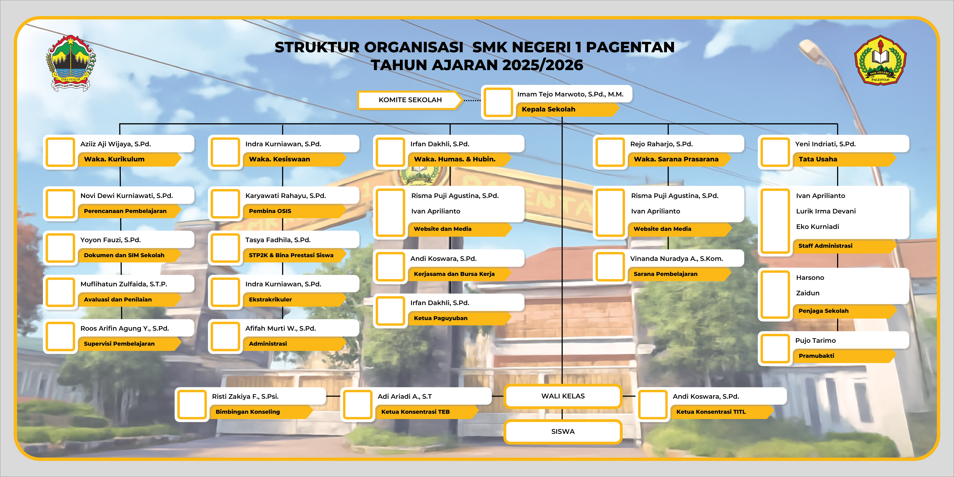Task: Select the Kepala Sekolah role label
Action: coord(549,109)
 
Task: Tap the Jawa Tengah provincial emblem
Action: coord(70,63)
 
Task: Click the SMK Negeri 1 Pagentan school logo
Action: coord(880,60)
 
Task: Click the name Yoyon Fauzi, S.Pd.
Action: coord(110,240)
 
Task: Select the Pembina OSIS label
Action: coord(270,211)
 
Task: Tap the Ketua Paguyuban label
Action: coord(440,318)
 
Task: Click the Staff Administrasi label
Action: coord(825,246)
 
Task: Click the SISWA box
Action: coord(563,431)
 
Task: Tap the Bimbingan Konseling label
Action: coord(247,412)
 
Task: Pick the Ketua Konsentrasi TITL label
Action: coord(711,412)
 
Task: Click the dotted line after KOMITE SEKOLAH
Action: coord(472,100)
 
